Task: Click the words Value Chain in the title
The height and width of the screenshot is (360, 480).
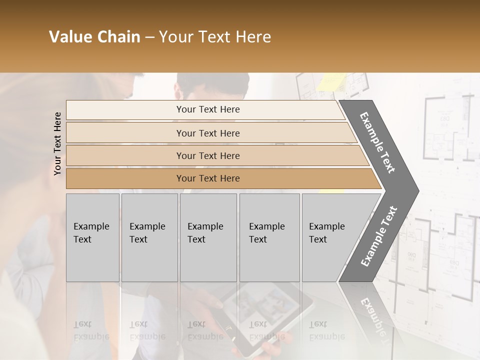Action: [94, 37]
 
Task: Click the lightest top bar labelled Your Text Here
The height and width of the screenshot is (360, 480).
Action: [207, 109]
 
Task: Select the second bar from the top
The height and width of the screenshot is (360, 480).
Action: [207, 133]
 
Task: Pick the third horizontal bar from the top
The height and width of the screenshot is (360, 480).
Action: [207, 155]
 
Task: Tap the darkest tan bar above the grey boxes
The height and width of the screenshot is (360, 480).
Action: [207, 178]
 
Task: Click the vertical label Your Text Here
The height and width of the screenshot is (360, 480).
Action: [57, 143]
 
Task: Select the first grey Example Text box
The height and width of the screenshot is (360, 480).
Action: [92, 237]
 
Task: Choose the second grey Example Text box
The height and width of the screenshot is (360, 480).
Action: [149, 237]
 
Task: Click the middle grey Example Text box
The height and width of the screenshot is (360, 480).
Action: [208, 237]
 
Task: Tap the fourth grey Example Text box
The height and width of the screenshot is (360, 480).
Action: [269, 237]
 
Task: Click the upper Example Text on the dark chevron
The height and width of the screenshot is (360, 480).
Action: [378, 142]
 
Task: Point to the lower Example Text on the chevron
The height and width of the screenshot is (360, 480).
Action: [379, 236]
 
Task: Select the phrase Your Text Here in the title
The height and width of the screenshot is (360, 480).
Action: [215, 37]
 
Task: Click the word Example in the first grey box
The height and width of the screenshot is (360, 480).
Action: [91, 226]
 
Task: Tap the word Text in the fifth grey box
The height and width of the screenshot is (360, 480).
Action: [317, 239]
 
